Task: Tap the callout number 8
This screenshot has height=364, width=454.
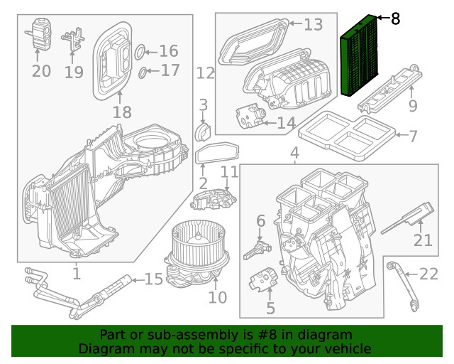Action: (395, 19)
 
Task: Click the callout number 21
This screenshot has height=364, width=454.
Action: (423, 240)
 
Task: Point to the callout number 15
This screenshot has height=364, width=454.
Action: (154, 279)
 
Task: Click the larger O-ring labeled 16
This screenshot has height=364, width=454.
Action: (140, 51)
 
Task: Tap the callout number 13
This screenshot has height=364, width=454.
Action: (313, 25)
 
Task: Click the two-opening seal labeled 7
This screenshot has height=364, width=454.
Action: (348, 135)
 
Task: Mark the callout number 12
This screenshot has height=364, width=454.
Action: (205, 73)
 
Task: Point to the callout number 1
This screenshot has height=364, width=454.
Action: (76, 272)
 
